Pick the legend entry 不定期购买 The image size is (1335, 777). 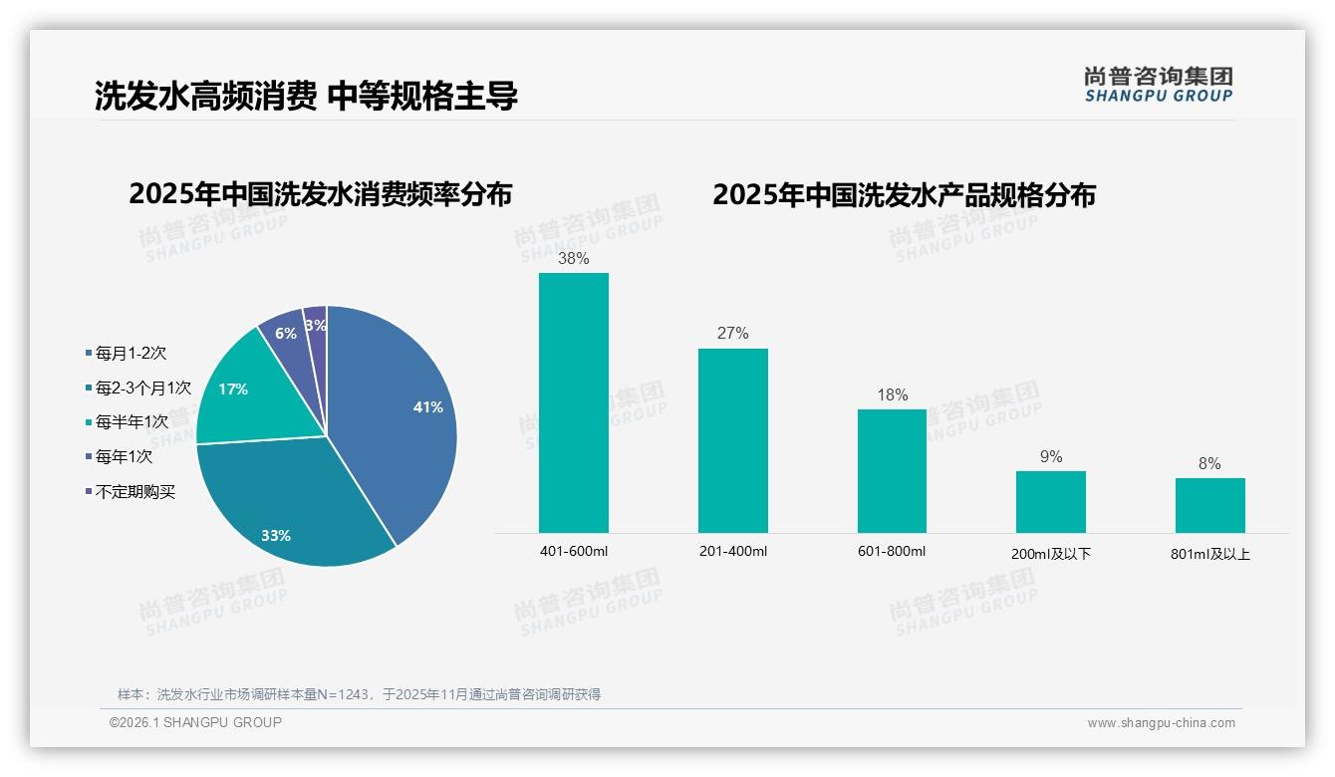[135, 492]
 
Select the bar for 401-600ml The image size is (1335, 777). [574, 403]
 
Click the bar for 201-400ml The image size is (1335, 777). [732, 440]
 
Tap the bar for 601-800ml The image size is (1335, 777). [892, 470]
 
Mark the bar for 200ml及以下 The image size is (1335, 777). [1051, 501]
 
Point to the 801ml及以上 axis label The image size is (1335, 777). [1210, 554]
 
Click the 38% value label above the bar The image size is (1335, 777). [574, 259]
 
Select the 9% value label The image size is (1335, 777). [1051, 457]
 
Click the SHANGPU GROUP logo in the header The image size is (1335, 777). [1159, 85]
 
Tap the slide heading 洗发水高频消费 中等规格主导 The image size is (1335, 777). [306, 96]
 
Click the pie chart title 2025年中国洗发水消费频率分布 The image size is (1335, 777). [320, 194]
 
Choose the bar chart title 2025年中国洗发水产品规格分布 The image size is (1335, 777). [904, 195]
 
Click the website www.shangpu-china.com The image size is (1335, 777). [1162, 723]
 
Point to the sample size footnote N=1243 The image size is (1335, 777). [359, 694]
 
